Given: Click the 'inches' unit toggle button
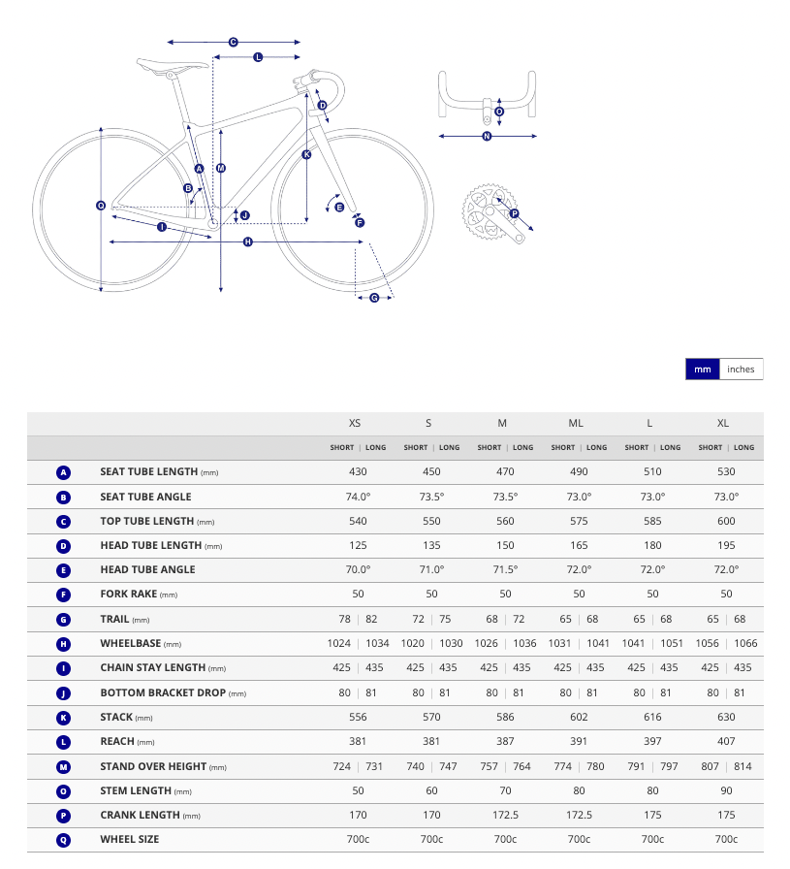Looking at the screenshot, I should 741,370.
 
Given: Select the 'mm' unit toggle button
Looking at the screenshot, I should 703,370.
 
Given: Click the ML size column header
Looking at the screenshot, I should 576,423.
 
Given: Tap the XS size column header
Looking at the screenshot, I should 355,423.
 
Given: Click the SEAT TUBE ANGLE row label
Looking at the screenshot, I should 145,497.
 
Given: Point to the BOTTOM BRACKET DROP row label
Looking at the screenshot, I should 163,692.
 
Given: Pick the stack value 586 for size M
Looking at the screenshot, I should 505,717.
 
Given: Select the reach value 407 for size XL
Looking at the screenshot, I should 726,742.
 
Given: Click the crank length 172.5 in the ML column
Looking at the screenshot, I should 579,815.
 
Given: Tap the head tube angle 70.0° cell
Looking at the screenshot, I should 358,569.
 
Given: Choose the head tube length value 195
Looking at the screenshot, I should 726,545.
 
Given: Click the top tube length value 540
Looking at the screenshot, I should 358,521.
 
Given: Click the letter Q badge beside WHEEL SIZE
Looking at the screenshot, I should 64,839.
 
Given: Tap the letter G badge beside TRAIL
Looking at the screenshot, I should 64,619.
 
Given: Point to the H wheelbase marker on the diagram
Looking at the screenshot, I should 248,241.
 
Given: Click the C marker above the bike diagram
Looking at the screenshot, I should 234,43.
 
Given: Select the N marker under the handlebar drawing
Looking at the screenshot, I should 487,137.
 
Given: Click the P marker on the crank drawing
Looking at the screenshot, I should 514,213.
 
